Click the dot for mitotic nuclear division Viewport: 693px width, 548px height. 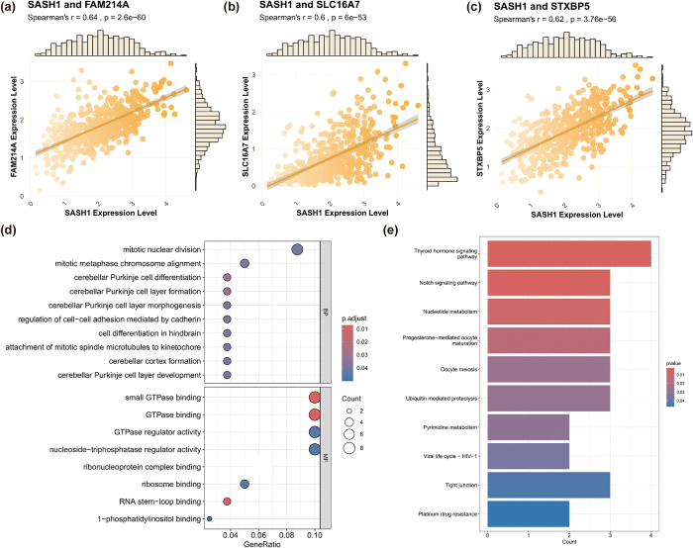tap(297, 248)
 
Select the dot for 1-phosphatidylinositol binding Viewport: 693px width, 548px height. tap(209, 518)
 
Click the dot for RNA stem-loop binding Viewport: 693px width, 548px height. tap(228, 501)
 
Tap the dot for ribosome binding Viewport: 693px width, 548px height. tap(245, 484)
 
